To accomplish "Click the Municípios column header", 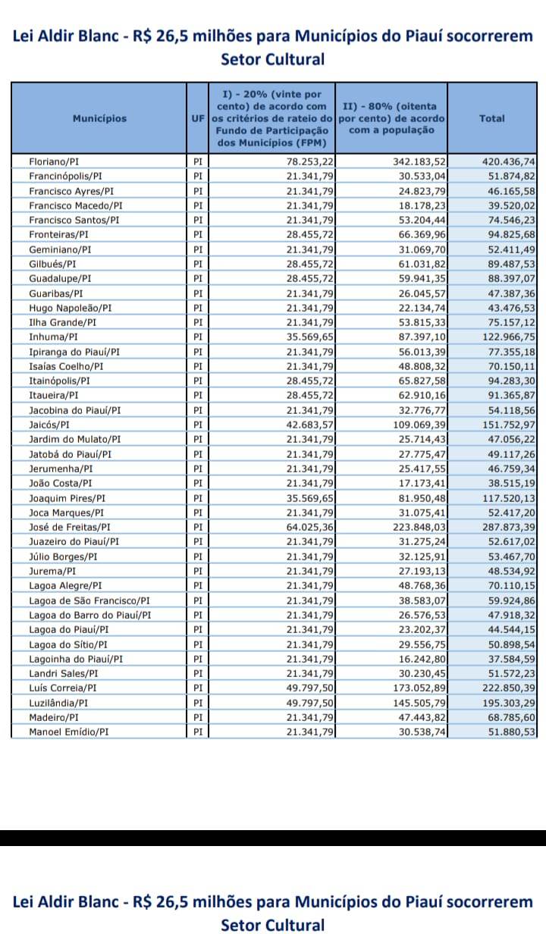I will pos(99,118).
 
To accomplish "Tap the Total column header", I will pos(491,118).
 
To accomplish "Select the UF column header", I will pos(197,118).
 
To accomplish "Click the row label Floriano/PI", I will pos(55,161).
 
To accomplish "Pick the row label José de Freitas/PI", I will pos(70,527).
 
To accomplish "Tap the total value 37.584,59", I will pos(512,660).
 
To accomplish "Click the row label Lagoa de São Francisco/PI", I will pos(89,601).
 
